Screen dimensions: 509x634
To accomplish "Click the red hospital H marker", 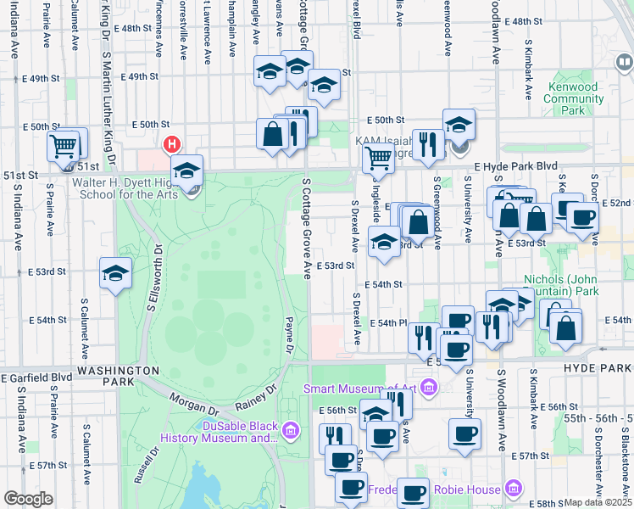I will [172, 145].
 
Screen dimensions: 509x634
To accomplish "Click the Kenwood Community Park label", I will [574, 98].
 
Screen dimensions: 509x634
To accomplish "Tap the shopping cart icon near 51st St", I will [63, 148].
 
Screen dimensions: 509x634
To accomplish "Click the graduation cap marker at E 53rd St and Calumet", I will [115, 273].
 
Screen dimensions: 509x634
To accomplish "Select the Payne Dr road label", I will [289, 335].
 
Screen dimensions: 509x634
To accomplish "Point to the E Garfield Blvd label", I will [37, 378].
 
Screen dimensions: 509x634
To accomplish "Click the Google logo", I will [28, 499].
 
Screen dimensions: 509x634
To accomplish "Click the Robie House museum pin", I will [512, 489].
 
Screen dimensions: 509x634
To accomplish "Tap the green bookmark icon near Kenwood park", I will [624, 62].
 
